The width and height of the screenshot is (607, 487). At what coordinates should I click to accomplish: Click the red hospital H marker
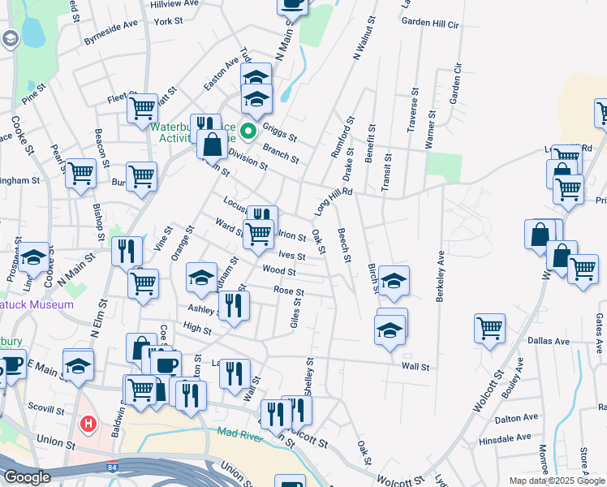[x=88, y=424]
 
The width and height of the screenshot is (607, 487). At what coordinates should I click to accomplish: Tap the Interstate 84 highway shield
[x=110, y=468]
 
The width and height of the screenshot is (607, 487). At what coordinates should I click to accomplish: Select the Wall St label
[x=415, y=367]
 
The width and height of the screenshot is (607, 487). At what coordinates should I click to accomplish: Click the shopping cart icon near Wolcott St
[x=490, y=329]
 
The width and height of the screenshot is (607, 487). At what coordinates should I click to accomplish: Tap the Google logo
[x=26, y=477]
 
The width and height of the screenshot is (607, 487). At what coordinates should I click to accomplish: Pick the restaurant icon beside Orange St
[x=124, y=250]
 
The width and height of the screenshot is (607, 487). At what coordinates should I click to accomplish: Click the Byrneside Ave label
[x=110, y=37]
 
